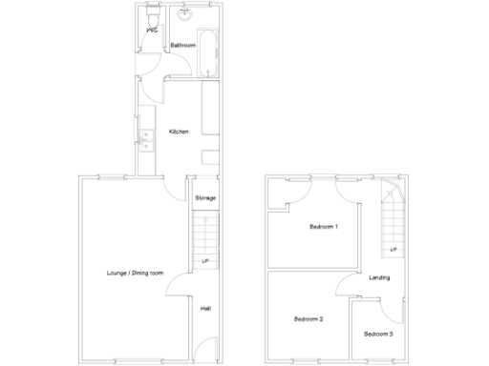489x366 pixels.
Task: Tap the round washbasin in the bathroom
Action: coord(185,14)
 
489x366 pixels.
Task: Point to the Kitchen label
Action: coord(179,132)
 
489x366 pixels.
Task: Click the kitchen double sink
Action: coord(146,141)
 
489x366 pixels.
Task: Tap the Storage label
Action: coord(205,198)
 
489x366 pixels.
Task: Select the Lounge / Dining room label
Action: coord(135,273)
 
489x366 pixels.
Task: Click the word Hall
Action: coord(205,308)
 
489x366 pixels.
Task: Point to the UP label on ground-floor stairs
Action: coord(204,260)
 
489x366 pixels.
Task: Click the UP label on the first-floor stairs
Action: coord(393,250)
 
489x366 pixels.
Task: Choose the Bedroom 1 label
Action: coord(323,227)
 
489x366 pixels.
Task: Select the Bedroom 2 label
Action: coord(308,318)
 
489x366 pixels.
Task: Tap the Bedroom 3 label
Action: coord(378,335)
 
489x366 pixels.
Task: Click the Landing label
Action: coord(378,277)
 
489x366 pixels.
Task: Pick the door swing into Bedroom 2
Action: coord(345,286)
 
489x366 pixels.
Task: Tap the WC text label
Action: coord(152,31)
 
